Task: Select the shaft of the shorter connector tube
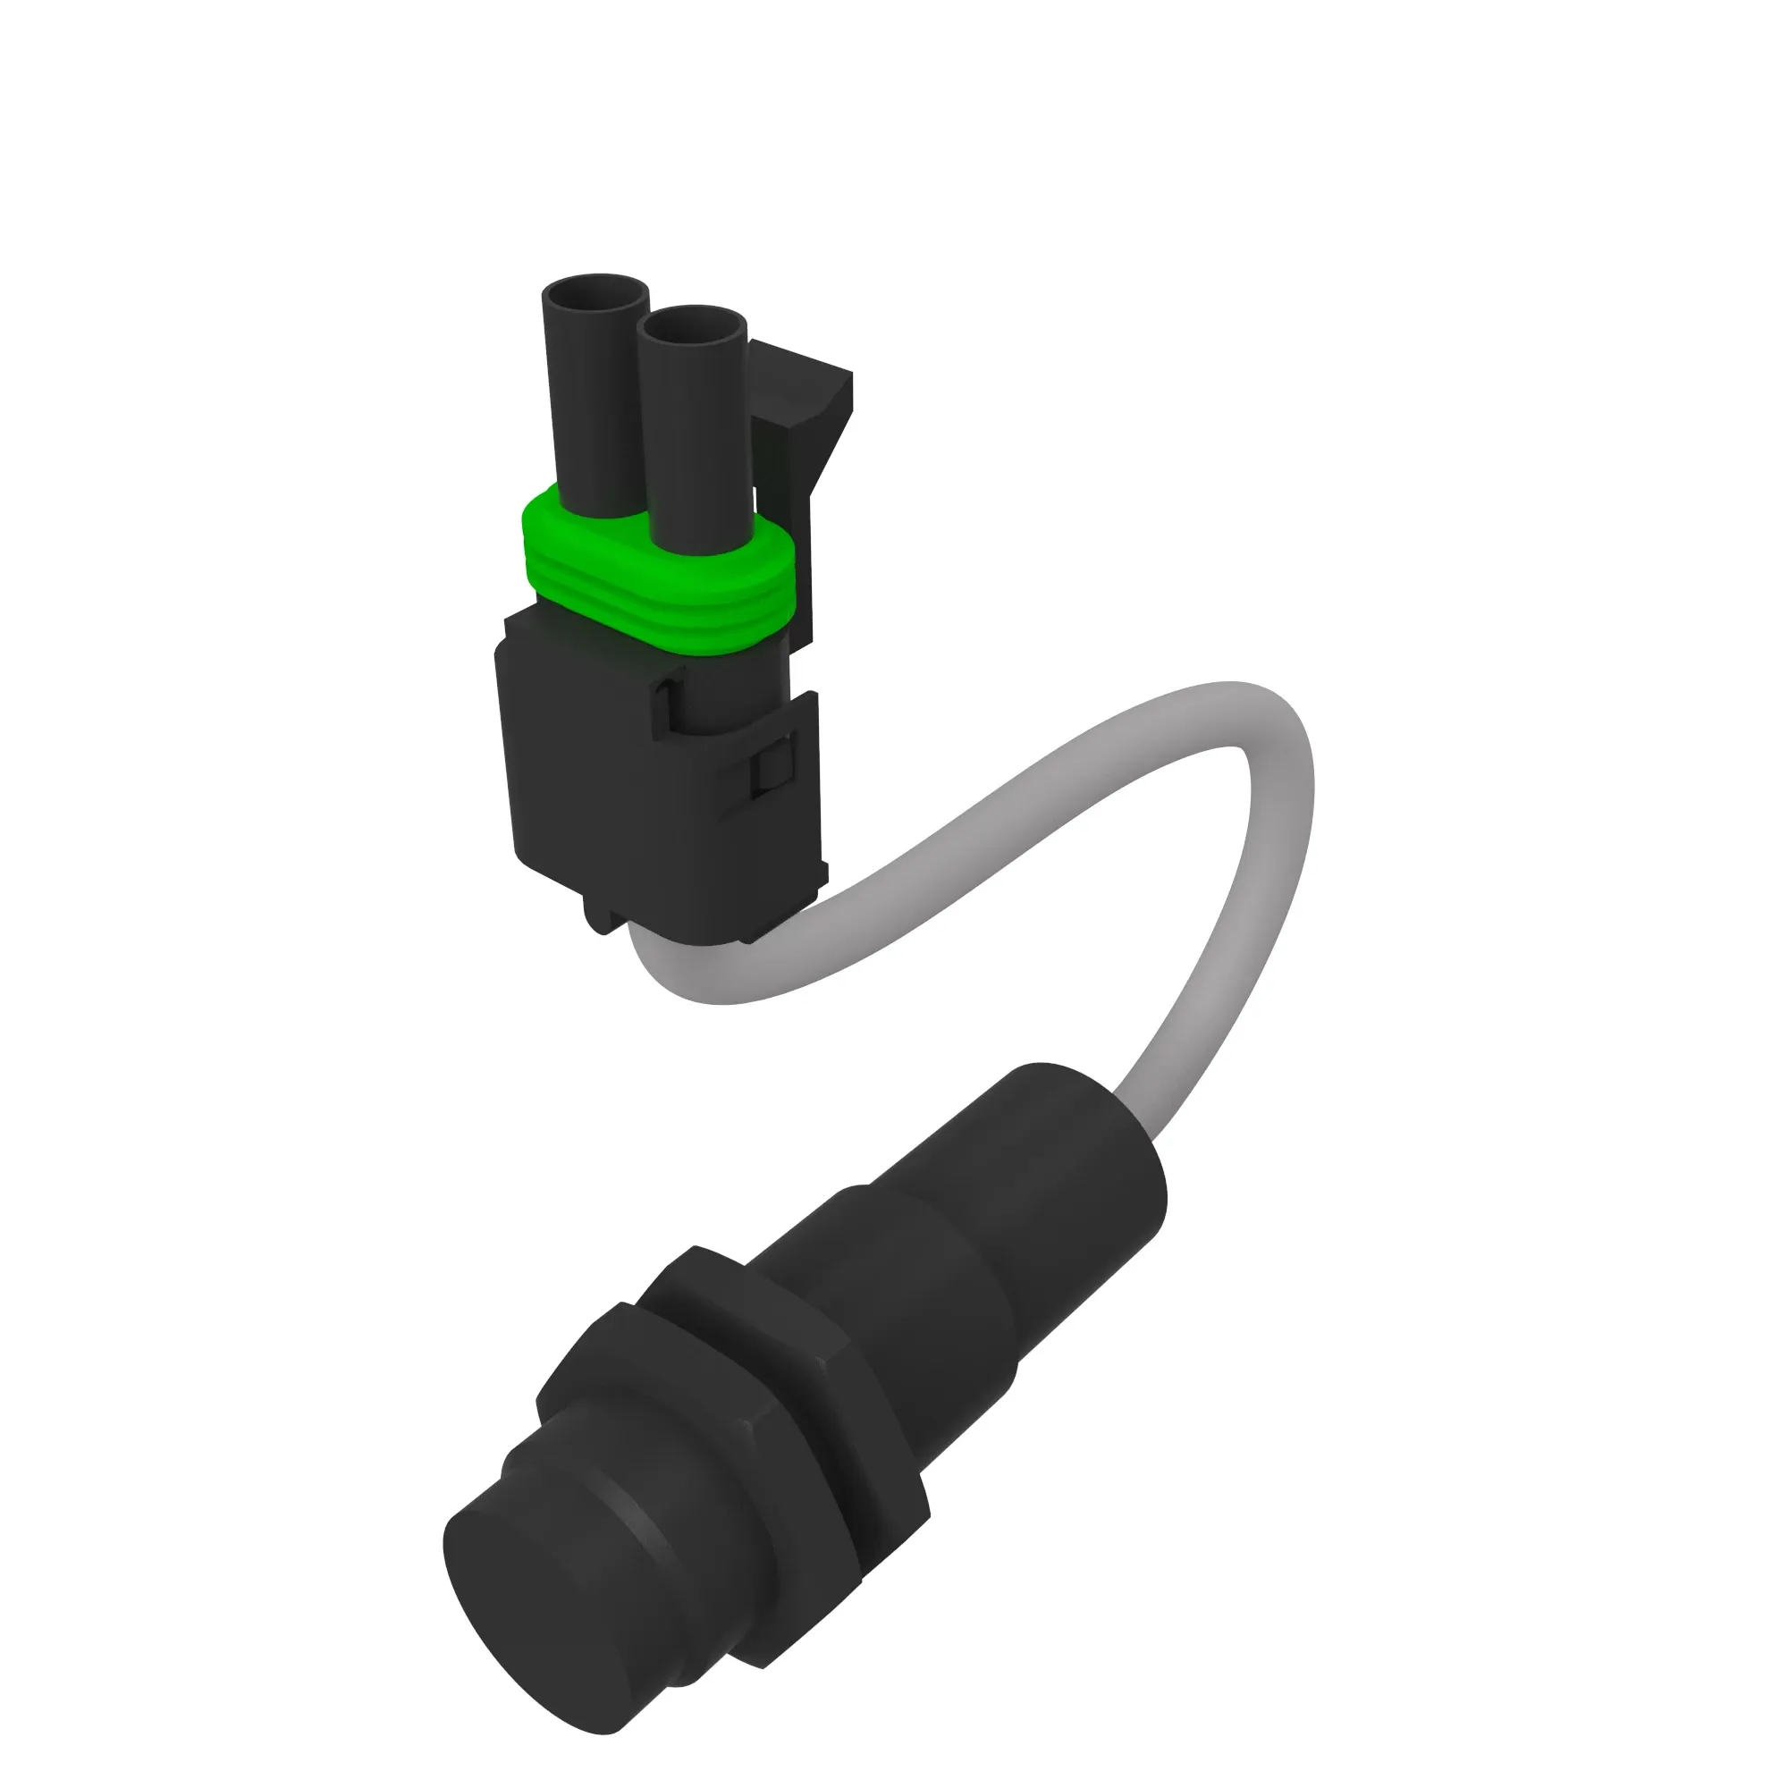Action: [694, 444]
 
